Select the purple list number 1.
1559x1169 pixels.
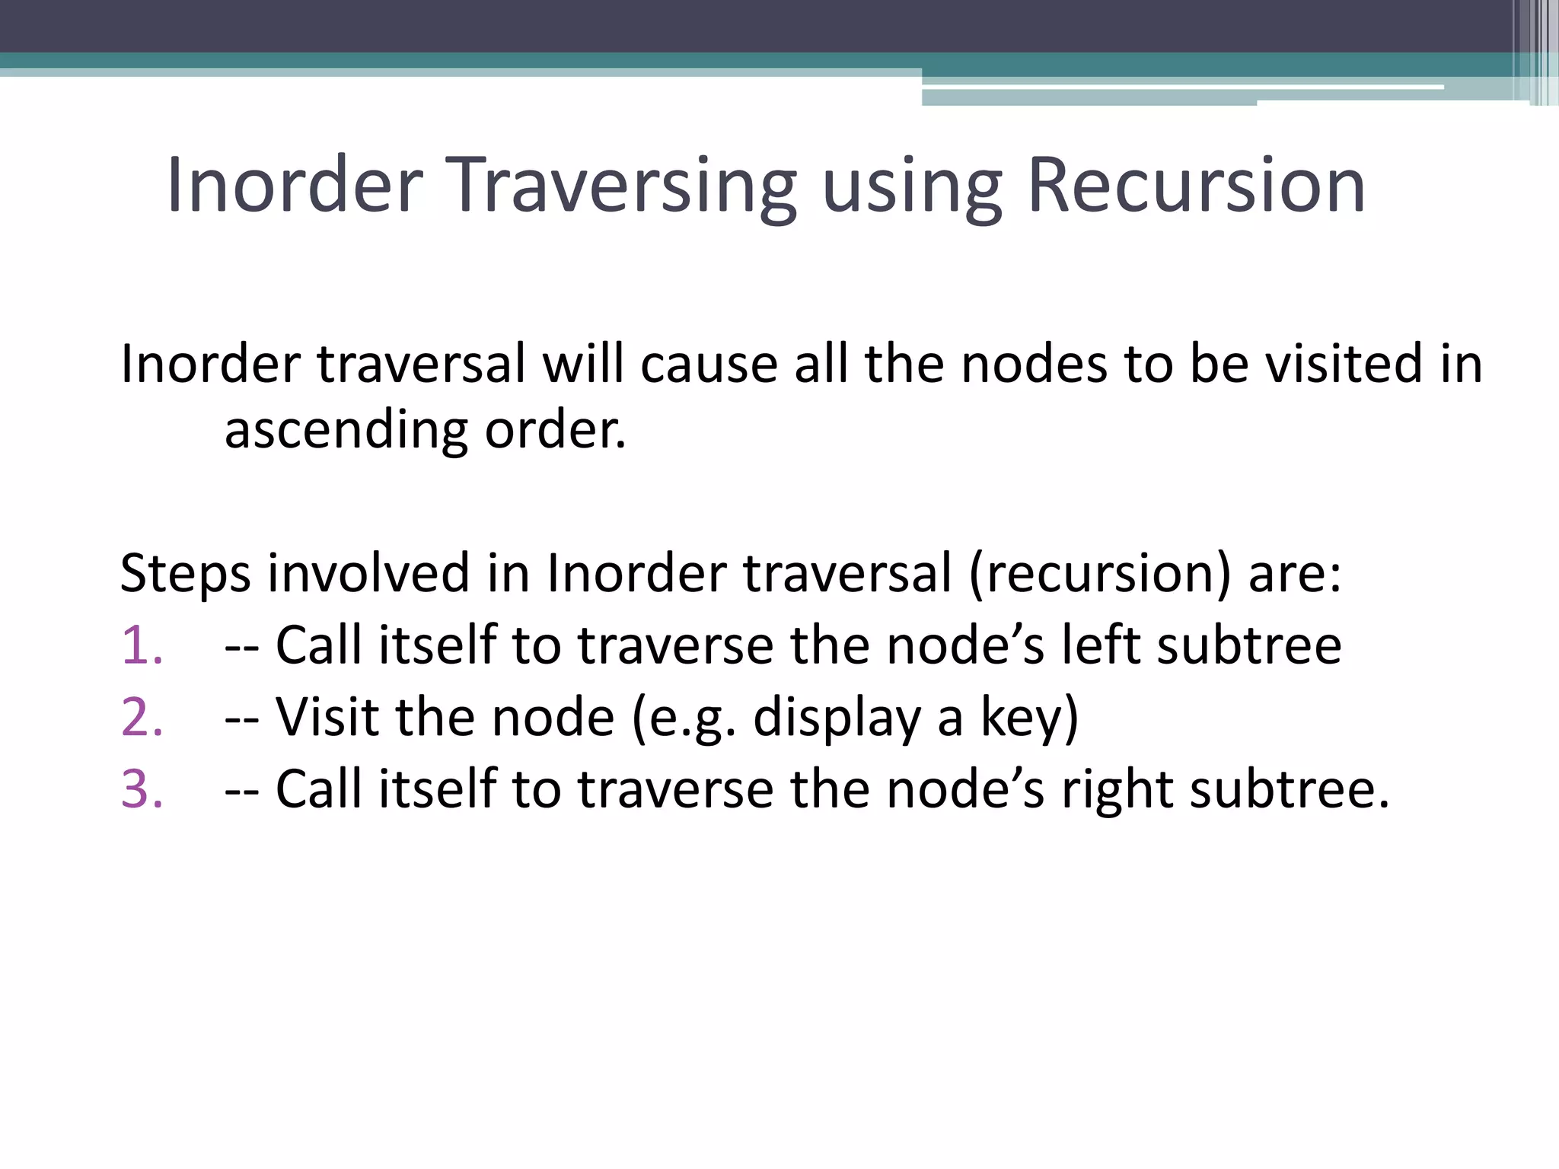point(142,645)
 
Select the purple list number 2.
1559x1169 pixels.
point(142,718)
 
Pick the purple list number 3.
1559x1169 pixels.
point(142,789)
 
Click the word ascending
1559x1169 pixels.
point(346,431)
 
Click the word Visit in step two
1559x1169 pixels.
point(327,718)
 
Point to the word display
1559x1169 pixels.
point(837,718)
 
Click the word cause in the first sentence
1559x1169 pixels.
point(709,364)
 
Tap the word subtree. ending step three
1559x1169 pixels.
point(1290,789)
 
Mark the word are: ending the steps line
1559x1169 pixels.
point(1294,573)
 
